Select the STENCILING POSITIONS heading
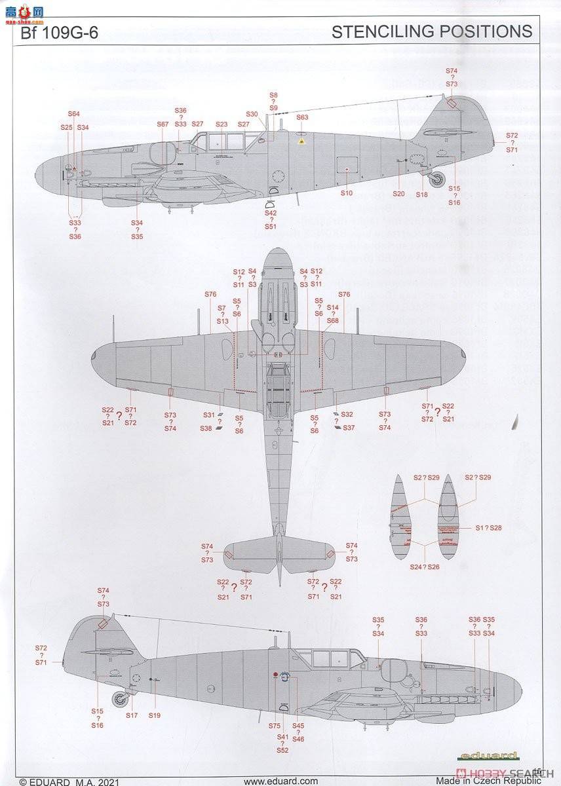[x=432, y=31]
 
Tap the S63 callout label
[x=302, y=117]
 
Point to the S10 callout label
[x=347, y=193]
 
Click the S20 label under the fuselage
[x=398, y=194]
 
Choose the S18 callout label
[x=421, y=194]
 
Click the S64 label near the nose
[x=73, y=113]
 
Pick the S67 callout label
[x=163, y=124]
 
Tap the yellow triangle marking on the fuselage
[x=301, y=140]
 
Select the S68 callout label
[x=333, y=321]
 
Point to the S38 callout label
[x=206, y=428]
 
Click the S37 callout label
[x=349, y=428]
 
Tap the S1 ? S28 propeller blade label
[x=488, y=527]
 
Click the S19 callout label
[x=154, y=716]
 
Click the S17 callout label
[x=132, y=716]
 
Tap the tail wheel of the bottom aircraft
[x=119, y=699]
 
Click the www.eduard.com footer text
[x=280, y=781]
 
